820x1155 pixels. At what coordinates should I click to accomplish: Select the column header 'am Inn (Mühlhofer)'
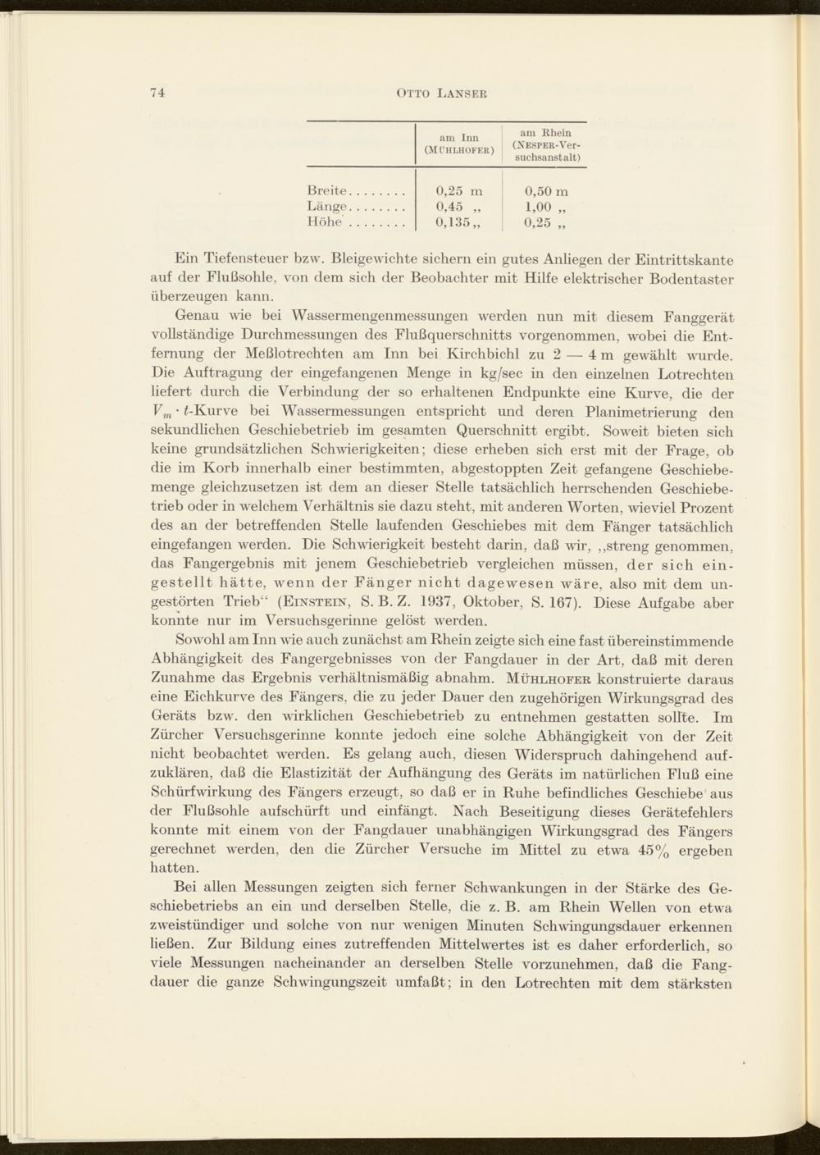(458, 144)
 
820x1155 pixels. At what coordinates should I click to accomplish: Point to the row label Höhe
(326, 221)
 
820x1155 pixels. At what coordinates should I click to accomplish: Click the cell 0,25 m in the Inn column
(460, 190)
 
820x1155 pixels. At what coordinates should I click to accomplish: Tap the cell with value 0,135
(456, 221)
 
